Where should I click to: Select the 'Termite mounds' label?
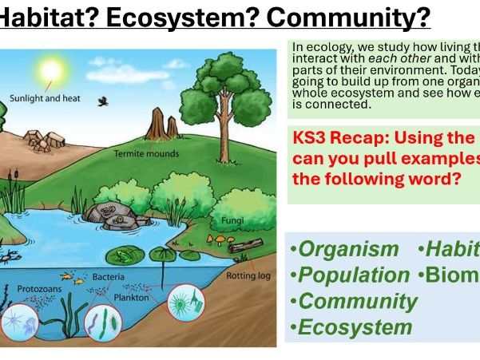point(145,152)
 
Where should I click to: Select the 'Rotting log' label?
point(248,275)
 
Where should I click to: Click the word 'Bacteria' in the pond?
point(109,277)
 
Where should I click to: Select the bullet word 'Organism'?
point(347,248)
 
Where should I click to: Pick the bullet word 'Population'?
point(352,275)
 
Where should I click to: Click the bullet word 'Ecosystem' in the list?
point(355,326)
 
